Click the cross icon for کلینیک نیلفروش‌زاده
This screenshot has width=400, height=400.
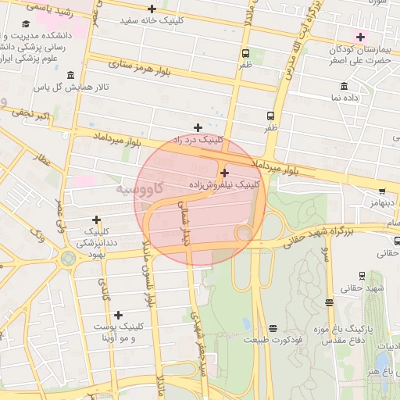pyautogui.click(x=225, y=173)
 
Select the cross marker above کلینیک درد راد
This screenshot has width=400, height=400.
pyautogui.click(x=198, y=127)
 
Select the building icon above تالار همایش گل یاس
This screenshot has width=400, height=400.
pyautogui.click(x=71, y=75)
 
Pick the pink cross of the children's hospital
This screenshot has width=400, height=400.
pyautogui.click(x=360, y=37)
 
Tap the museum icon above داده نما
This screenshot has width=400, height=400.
pyautogui.click(x=344, y=86)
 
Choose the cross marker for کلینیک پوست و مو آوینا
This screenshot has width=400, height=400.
pyautogui.click(x=118, y=315)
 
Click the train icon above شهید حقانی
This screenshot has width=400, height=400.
pyautogui.click(x=361, y=276)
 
